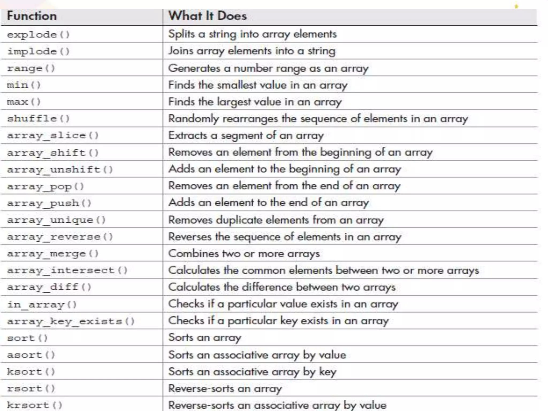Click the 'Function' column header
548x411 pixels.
(32, 16)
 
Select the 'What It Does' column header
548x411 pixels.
(207, 16)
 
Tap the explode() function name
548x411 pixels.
(38, 35)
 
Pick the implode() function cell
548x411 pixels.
(38, 51)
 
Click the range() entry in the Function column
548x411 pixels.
(31, 68)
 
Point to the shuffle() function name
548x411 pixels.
(38, 119)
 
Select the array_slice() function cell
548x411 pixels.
(53, 136)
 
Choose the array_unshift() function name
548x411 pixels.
(60, 170)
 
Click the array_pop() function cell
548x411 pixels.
(45, 187)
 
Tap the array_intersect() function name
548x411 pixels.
(67, 271)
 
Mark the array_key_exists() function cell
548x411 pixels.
(71, 321)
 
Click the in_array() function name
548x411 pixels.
(42, 305)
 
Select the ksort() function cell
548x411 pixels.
(31, 372)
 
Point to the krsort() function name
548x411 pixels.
(35, 405)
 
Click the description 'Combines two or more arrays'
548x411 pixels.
(244, 254)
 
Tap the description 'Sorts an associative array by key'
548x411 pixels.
(252, 372)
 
